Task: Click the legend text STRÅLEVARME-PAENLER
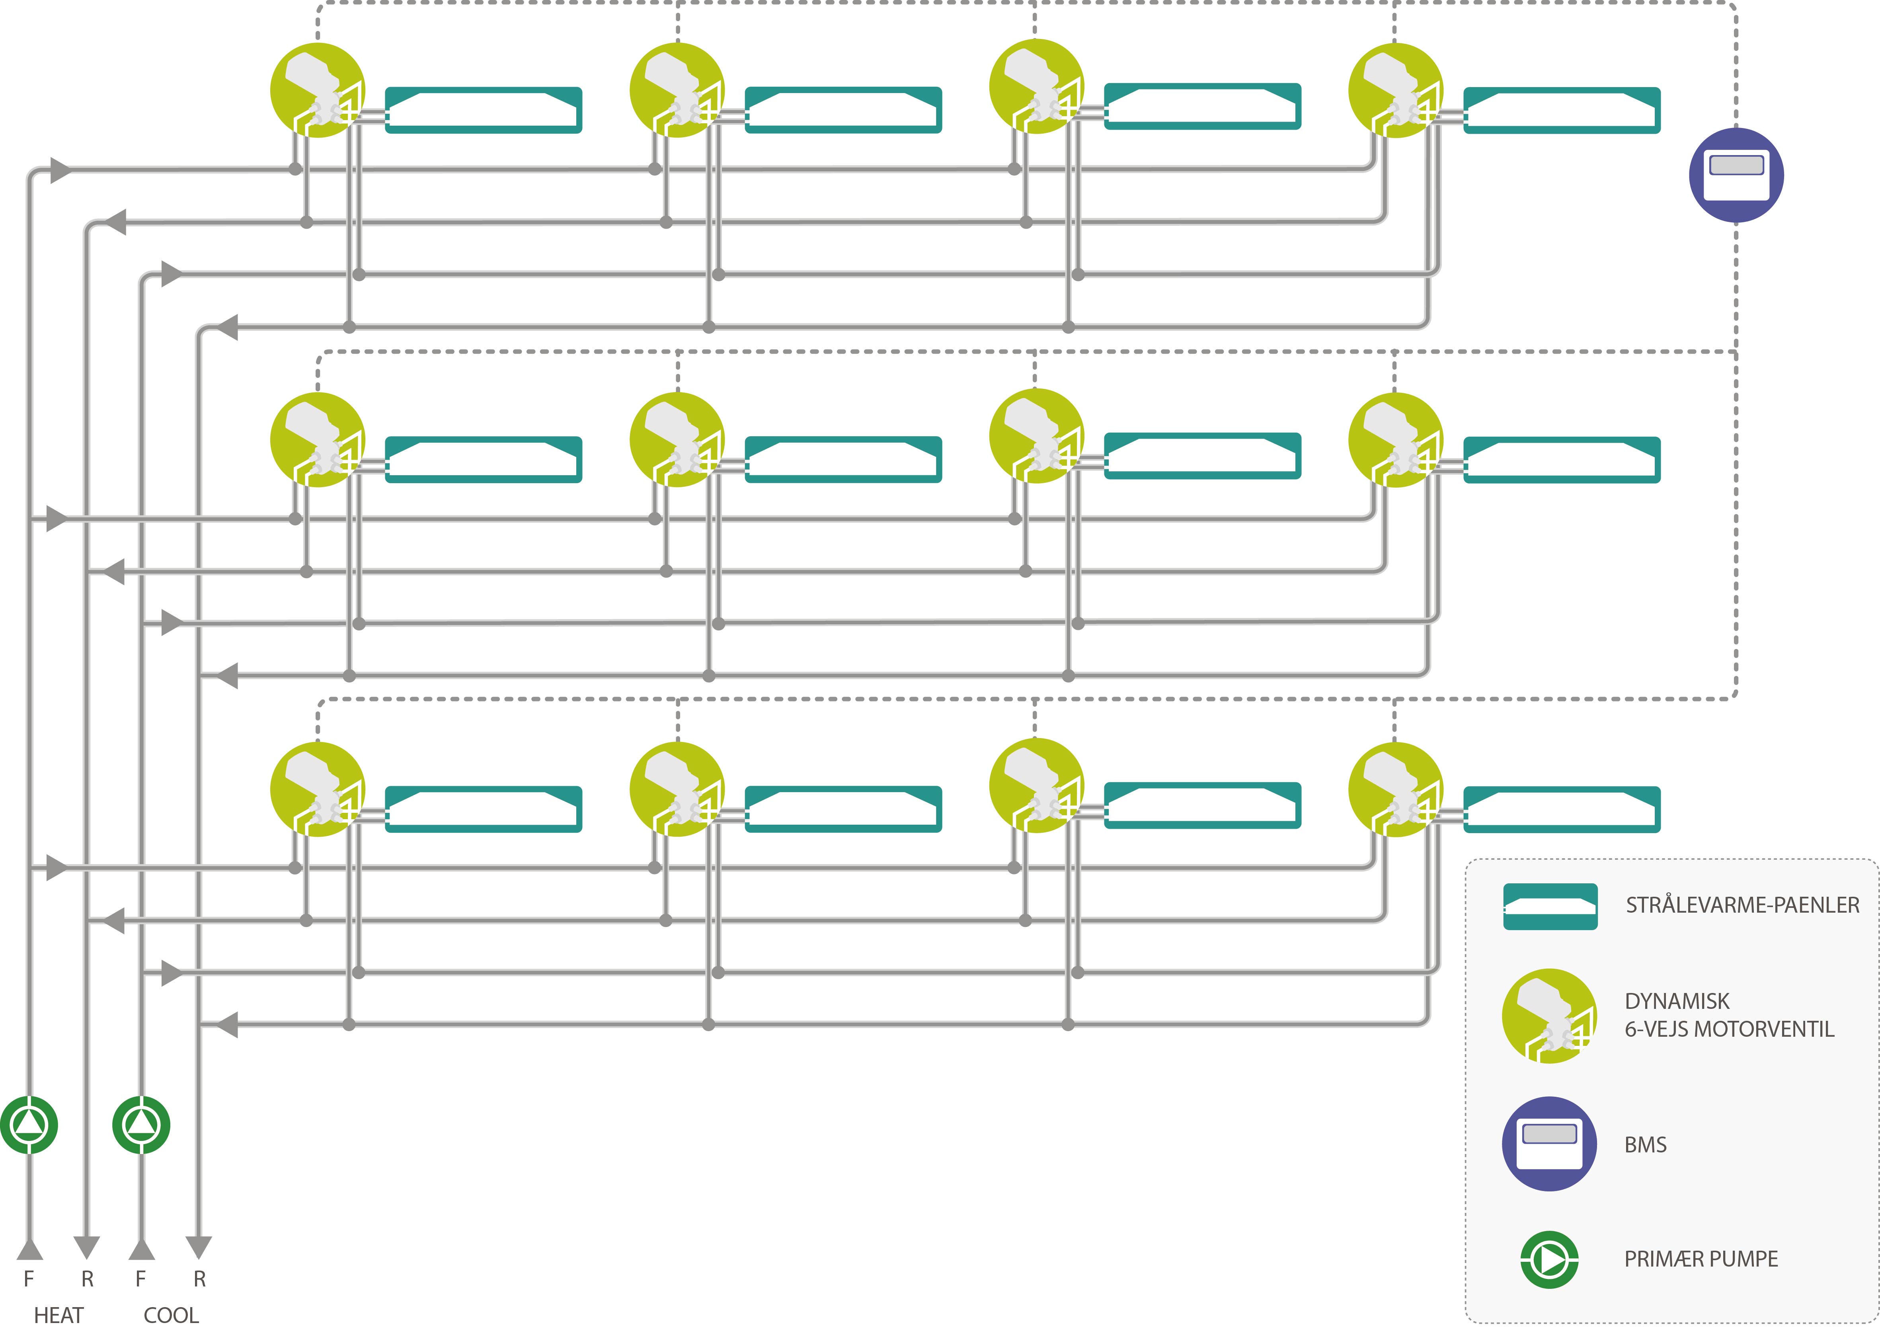[1742, 905]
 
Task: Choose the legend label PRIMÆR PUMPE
[1701, 1259]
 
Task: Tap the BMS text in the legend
[1645, 1144]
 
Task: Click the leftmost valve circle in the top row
[318, 90]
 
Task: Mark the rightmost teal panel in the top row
[1562, 110]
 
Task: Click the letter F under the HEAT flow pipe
[29, 1278]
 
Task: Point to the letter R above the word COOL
[199, 1278]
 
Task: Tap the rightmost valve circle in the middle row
[1395, 439]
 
